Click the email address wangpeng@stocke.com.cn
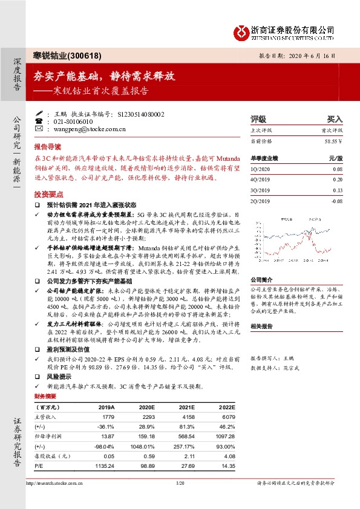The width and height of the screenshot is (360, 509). (82, 129)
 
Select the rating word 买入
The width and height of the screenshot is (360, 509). (335, 120)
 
